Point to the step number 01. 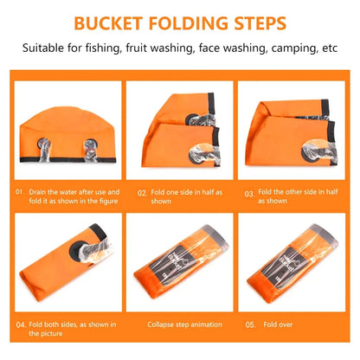tap(19, 191)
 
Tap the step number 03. tap(250, 195)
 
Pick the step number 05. tap(250, 325)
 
